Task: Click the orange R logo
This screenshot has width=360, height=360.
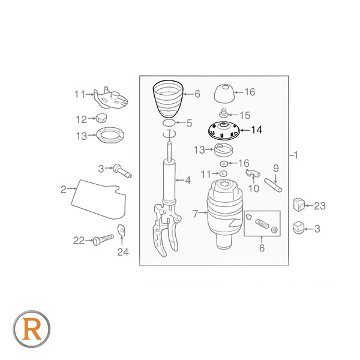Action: (x=32, y=329)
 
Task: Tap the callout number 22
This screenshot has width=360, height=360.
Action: (x=79, y=241)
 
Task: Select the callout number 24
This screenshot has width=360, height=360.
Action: (x=123, y=252)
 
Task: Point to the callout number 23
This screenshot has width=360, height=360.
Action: (x=320, y=206)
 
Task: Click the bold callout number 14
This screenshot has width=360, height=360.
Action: (x=257, y=130)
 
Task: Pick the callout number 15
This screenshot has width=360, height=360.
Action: (x=245, y=115)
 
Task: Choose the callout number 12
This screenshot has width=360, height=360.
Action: (x=81, y=119)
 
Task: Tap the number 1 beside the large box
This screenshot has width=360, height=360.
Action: (x=296, y=155)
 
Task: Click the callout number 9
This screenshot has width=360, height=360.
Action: (x=276, y=169)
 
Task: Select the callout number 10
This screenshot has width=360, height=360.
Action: (x=254, y=189)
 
